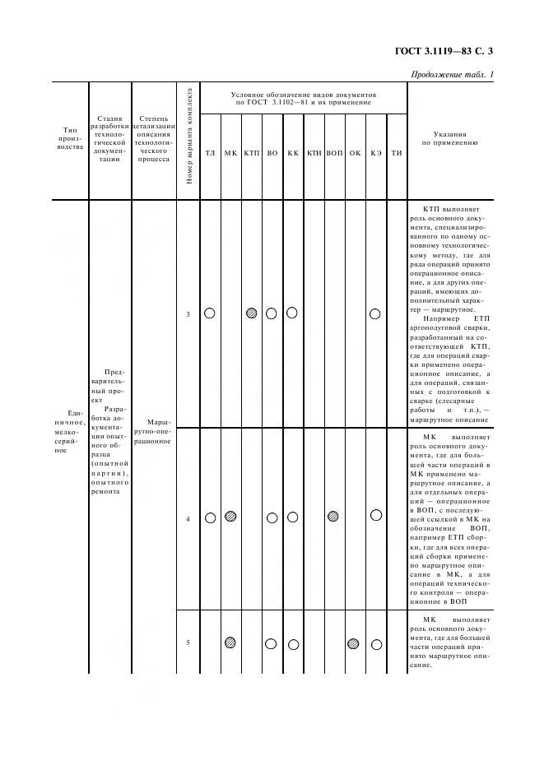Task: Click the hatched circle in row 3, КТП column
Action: [251, 313]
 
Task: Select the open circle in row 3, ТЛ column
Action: [210, 313]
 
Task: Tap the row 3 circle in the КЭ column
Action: [375, 313]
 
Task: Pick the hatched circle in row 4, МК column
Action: [231, 517]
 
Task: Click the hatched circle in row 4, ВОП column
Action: [333, 517]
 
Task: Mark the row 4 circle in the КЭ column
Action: [376, 515]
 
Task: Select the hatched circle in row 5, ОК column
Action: [353, 643]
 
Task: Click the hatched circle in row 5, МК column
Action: [231, 642]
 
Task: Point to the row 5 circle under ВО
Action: [272, 643]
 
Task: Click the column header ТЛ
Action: [210, 153]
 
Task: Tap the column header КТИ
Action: [314, 153]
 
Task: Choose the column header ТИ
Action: [396, 153]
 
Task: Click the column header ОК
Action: [355, 153]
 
